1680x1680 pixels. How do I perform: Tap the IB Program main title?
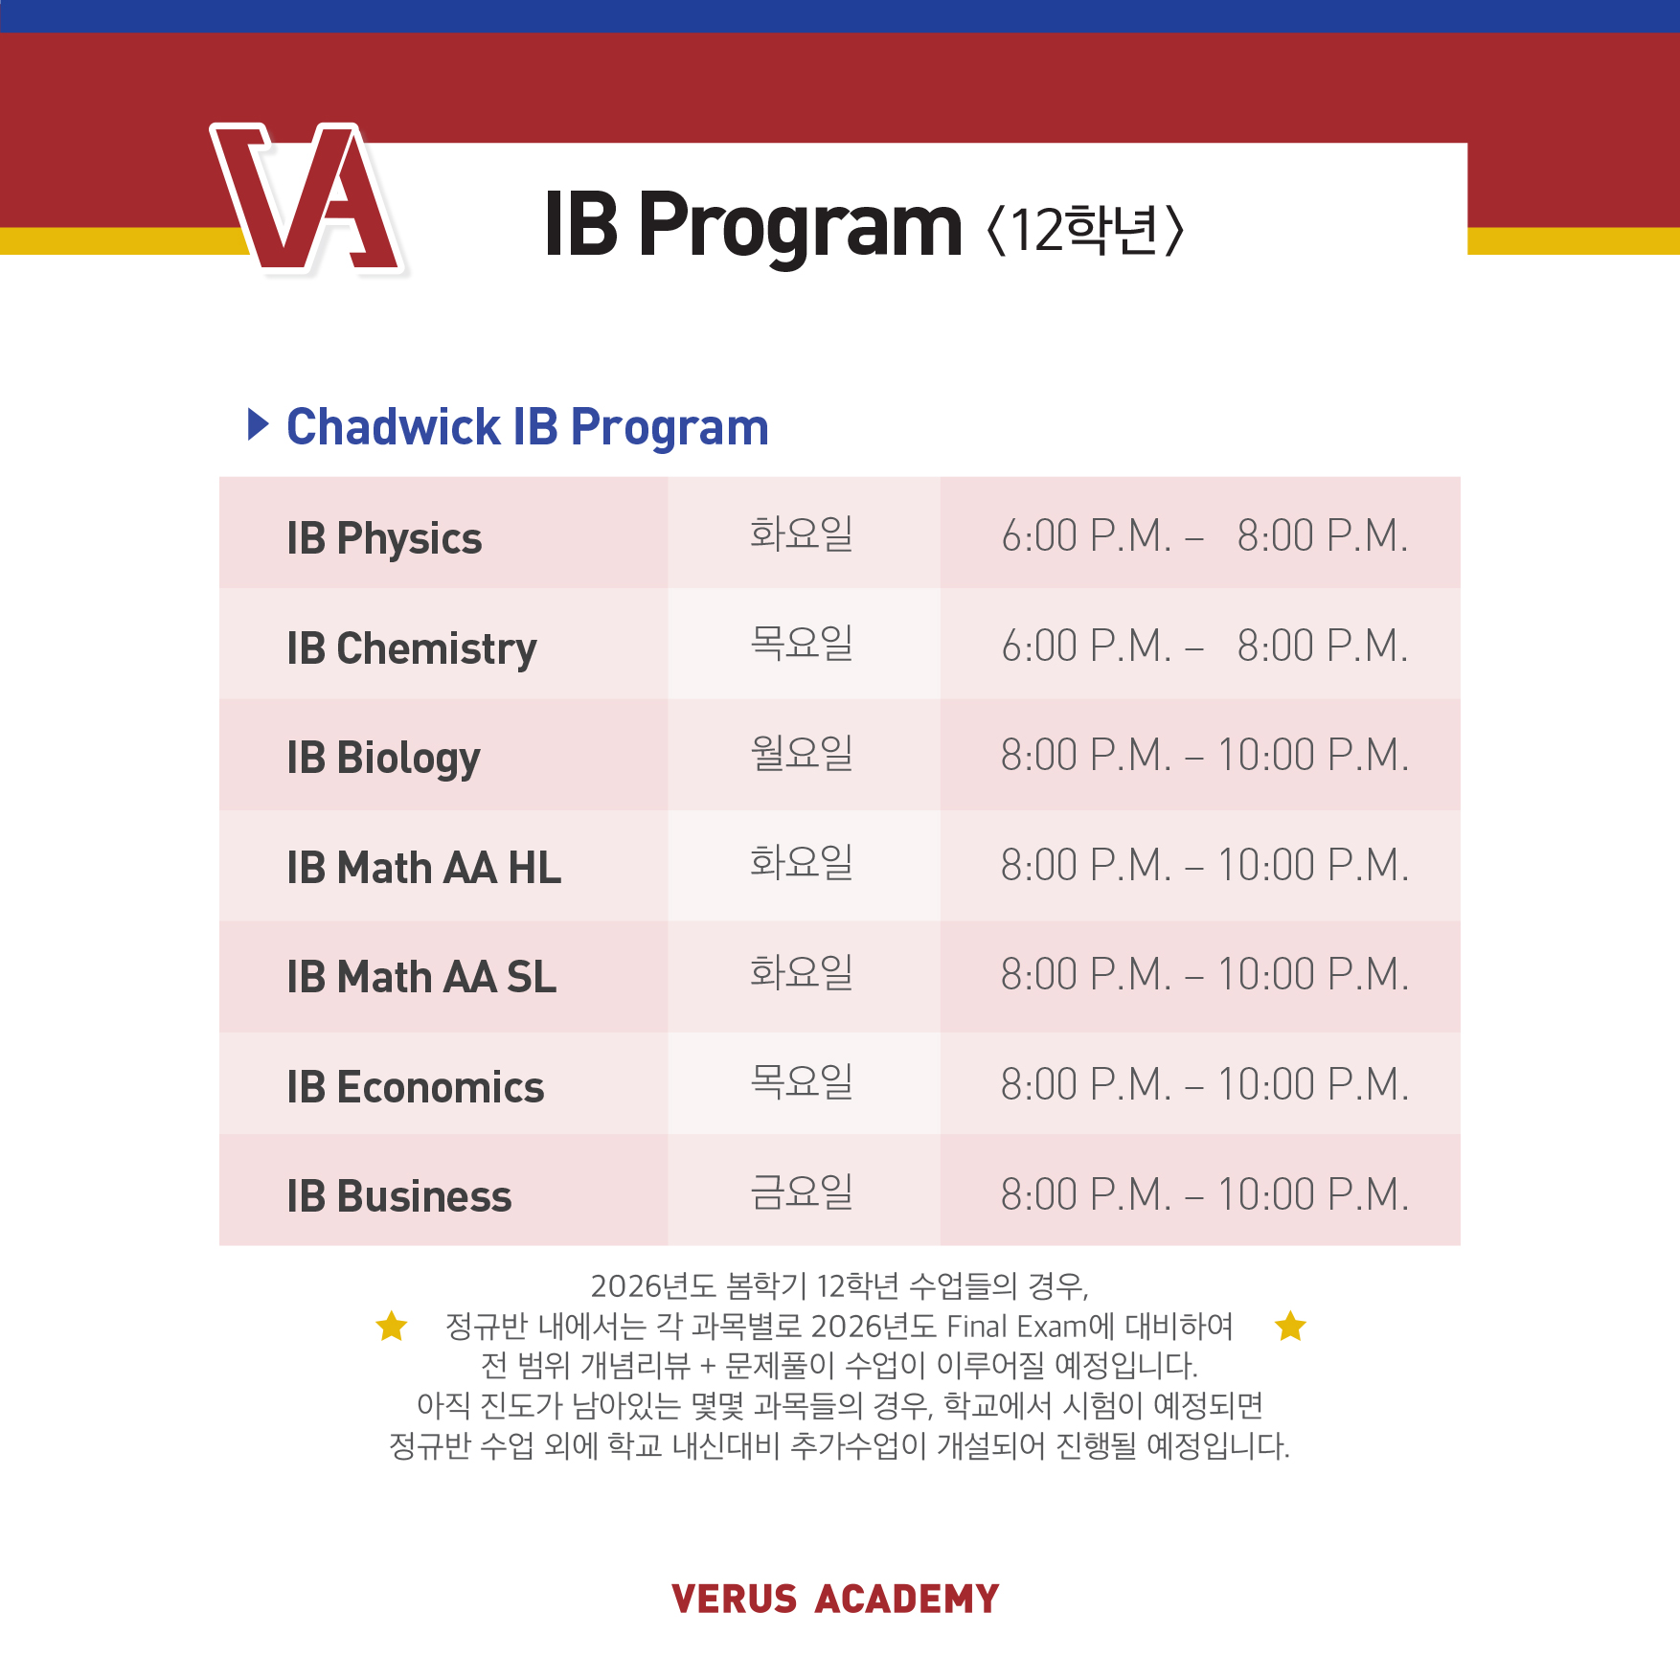[x=753, y=226]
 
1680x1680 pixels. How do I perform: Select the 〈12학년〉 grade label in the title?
[x=1085, y=230]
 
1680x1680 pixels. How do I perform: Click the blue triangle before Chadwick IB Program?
[x=258, y=424]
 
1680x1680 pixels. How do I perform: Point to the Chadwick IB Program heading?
[x=528, y=427]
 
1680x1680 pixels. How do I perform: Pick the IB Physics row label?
[x=384, y=538]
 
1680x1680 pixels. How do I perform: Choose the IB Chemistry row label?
[x=412, y=648]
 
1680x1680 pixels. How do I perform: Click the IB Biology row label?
[x=383, y=759]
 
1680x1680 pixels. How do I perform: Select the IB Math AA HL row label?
[x=423, y=868]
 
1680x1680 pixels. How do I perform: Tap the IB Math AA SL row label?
[x=421, y=977]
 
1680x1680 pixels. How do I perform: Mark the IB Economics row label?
[x=416, y=1087]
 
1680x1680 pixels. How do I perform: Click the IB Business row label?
[x=399, y=1197]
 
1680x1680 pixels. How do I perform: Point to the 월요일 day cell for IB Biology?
[x=802, y=753]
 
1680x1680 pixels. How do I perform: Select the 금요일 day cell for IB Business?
[x=802, y=1192]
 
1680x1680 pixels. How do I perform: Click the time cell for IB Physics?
[x=1204, y=535]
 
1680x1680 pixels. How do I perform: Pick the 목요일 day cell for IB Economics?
[x=802, y=1082]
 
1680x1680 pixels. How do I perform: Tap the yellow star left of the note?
[x=392, y=1326]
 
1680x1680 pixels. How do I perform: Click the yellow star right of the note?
[x=1290, y=1326]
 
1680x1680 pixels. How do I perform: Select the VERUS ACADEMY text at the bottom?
[x=835, y=1599]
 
